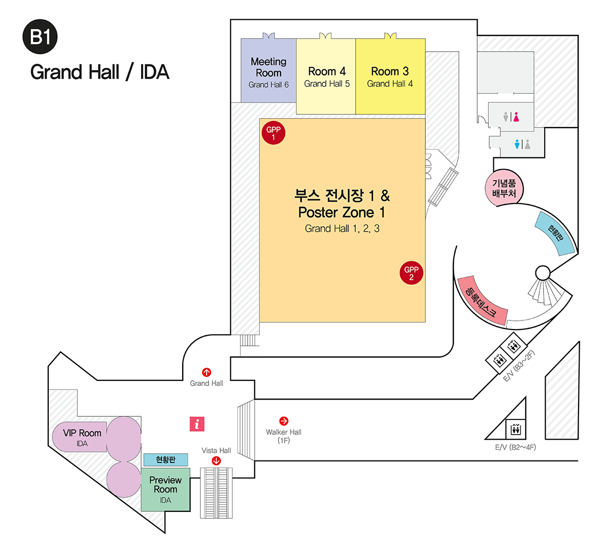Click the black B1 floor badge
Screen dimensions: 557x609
[x=40, y=37]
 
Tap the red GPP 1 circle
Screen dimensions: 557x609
[x=274, y=133]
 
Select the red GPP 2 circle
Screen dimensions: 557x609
[x=411, y=273]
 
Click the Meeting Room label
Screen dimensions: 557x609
[x=268, y=68]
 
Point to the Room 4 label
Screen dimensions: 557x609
[x=327, y=72]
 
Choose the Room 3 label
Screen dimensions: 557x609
[x=390, y=72]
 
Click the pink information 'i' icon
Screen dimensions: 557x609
[x=197, y=423]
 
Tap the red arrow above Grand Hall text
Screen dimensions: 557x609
[x=207, y=372]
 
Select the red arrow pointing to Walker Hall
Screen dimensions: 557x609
[x=284, y=421]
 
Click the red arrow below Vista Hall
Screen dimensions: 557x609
[x=216, y=461]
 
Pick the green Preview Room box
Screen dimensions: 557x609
[x=165, y=489]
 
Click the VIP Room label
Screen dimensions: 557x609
[x=82, y=433]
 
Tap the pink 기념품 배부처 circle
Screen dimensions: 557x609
[x=504, y=188]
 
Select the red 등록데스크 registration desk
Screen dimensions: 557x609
[x=482, y=301]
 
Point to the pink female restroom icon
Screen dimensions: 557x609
[x=516, y=117]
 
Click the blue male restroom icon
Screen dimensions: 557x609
[x=517, y=144]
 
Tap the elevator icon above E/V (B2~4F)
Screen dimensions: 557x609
[x=516, y=429]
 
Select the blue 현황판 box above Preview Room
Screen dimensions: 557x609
[x=165, y=460]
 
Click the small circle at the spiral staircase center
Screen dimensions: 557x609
[x=543, y=273]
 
